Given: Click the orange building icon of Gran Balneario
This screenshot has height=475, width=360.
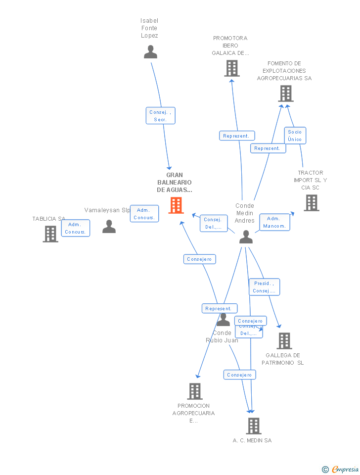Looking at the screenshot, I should click(x=176, y=205).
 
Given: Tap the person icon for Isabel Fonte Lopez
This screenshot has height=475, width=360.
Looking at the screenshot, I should click(x=150, y=52).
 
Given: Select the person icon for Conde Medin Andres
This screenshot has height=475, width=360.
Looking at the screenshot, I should click(x=246, y=237).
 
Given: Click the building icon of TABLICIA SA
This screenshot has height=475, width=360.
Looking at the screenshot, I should click(x=50, y=234).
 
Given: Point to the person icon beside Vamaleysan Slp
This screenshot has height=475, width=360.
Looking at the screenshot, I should click(x=109, y=227).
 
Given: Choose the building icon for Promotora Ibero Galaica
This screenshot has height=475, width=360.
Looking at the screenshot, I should click(x=232, y=68).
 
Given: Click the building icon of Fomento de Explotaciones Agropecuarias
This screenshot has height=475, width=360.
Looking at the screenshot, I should click(x=286, y=94).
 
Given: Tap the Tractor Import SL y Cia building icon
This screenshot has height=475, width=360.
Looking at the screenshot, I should click(x=312, y=203).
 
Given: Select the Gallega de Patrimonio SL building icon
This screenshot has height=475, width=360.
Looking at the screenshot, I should click(x=284, y=341).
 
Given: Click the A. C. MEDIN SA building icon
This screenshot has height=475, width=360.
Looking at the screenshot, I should click(x=254, y=426).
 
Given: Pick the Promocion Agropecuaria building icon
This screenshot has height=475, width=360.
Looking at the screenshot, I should click(x=195, y=391).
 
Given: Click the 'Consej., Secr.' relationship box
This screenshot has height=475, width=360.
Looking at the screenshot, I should click(x=160, y=116).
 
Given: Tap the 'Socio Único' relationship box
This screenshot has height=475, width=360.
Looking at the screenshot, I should click(x=295, y=136).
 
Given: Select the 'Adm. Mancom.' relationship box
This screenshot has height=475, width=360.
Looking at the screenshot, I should click(x=274, y=222).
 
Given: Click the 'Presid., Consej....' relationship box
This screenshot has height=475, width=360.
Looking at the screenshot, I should click(x=264, y=287).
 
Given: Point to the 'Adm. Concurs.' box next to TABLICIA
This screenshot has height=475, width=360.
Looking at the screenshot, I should click(x=76, y=228).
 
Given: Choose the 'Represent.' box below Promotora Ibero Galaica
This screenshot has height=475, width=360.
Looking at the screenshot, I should click(x=237, y=136).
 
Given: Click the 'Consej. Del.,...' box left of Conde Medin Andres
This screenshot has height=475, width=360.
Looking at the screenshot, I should click(x=213, y=224).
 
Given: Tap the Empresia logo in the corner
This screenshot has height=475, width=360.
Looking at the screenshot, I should click(x=341, y=469).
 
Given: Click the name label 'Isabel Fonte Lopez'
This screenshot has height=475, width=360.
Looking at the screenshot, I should click(x=149, y=28).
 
